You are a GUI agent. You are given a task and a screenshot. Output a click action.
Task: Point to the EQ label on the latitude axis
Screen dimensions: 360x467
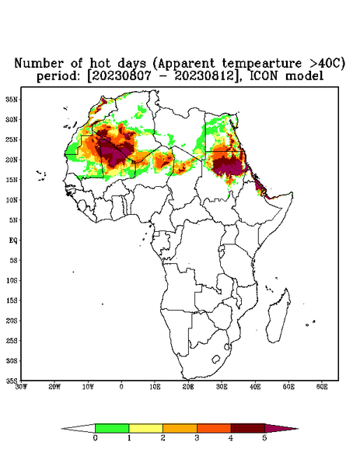(x=13, y=240)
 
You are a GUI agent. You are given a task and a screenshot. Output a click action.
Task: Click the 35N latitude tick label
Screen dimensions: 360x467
(x=12, y=99)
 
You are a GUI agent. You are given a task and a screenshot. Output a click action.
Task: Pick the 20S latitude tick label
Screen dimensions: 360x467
(x=12, y=321)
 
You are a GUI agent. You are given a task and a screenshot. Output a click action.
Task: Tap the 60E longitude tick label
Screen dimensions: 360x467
(x=322, y=387)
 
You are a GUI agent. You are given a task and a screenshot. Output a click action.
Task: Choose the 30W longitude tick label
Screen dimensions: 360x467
(x=21, y=387)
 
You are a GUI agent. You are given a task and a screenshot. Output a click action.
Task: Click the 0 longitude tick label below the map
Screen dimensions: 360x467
(x=121, y=387)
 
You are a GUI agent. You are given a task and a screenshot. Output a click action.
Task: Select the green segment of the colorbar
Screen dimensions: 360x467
(x=112, y=428)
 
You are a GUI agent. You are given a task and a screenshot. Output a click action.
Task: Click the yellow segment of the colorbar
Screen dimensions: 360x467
(x=145, y=428)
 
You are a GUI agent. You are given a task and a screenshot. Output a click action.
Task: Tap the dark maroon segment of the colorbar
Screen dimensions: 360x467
(x=248, y=428)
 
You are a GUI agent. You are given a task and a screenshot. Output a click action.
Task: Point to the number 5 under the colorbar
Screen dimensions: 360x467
(x=264, y=438)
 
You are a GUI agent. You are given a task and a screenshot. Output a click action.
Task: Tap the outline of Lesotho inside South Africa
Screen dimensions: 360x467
(x=215, y=359)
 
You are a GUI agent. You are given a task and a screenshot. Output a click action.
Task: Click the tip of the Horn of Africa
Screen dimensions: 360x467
(x=292, y=194)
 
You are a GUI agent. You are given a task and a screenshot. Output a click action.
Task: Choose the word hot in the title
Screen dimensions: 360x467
(x=100, y=63)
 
